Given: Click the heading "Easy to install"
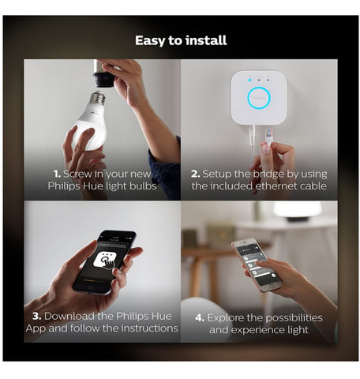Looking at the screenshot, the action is [x=181, y=40].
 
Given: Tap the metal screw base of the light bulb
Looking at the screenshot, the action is [x=98, y=97].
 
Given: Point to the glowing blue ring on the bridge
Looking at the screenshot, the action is [x=259, y=98].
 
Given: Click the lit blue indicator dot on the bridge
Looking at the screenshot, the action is [x=249, y=80].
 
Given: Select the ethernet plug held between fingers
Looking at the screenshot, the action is [x=268, y=136].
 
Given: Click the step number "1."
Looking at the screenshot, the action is [x=57, y=174].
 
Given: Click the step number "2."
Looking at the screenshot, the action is [x=196, y=174].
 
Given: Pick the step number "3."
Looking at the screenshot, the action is [x=37, y=316].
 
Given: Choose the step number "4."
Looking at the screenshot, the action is [x=200, y=317].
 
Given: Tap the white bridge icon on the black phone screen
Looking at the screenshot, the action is [x=107, y=261].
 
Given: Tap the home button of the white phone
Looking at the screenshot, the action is [x=272, y=286].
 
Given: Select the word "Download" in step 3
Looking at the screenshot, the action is [x=69, y=316].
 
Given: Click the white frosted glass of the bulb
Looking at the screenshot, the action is [x=90, y=126].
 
